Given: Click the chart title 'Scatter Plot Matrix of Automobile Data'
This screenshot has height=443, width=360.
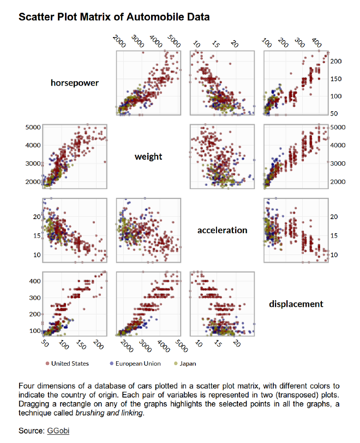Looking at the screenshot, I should click(114, 17).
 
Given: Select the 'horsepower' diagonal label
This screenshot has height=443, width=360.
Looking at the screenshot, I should click(75, 83).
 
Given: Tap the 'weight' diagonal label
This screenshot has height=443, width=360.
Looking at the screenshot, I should click(148, 157).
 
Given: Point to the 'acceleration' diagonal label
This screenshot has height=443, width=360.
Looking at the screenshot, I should click(222, 230).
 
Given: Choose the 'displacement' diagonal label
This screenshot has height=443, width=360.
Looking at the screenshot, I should click(296, 304).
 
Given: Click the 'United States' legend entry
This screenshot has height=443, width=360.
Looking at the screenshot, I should click(70, 363).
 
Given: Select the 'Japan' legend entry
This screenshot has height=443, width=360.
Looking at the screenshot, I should click(188, 363).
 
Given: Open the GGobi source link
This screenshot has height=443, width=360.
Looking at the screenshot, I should click(58, 431).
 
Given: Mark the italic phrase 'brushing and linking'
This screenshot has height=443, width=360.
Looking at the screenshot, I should click(109, 414).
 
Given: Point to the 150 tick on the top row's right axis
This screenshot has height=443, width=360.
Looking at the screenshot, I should click(336, 79).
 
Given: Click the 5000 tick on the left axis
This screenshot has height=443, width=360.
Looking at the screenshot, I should click(33, 127).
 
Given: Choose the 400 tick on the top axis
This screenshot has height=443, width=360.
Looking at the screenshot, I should click(316, 43).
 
